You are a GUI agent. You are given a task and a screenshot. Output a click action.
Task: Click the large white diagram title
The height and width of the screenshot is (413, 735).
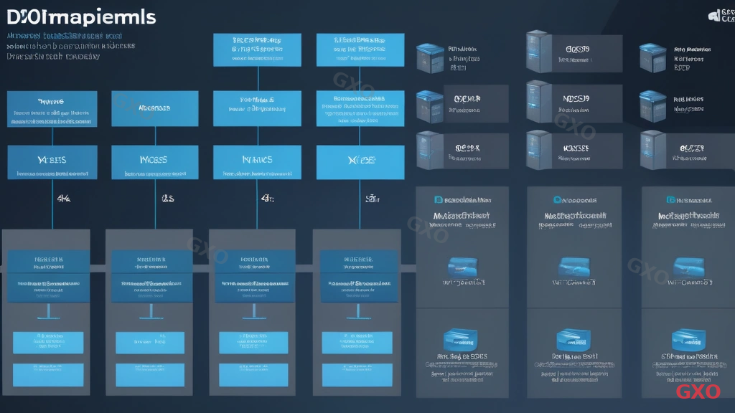[78, 16]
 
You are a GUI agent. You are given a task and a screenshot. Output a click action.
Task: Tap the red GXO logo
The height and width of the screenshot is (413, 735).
[698, 391]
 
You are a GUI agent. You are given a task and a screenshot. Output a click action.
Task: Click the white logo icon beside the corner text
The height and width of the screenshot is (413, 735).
[714, 14]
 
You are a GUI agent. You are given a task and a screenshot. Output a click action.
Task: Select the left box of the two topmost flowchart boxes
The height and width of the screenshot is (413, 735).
[257, 49]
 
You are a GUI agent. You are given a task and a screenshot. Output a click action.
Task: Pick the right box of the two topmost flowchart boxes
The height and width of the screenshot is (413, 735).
[360, 49]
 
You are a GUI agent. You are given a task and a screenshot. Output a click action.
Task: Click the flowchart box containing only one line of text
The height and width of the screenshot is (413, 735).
[154, 109]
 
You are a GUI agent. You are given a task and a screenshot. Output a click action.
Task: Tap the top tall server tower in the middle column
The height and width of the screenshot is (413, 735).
[538, 51]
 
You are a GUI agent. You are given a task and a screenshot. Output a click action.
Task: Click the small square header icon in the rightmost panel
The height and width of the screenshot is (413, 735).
[670, 201]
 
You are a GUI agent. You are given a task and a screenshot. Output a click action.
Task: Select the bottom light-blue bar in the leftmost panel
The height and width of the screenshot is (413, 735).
[48, 373]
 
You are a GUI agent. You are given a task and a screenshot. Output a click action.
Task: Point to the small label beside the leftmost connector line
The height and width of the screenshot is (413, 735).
[63, 197]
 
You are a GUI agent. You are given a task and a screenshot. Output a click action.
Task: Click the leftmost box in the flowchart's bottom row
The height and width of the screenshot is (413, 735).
[52, 162]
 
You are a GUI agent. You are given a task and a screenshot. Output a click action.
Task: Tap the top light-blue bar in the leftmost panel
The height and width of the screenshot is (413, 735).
[48, 342]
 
